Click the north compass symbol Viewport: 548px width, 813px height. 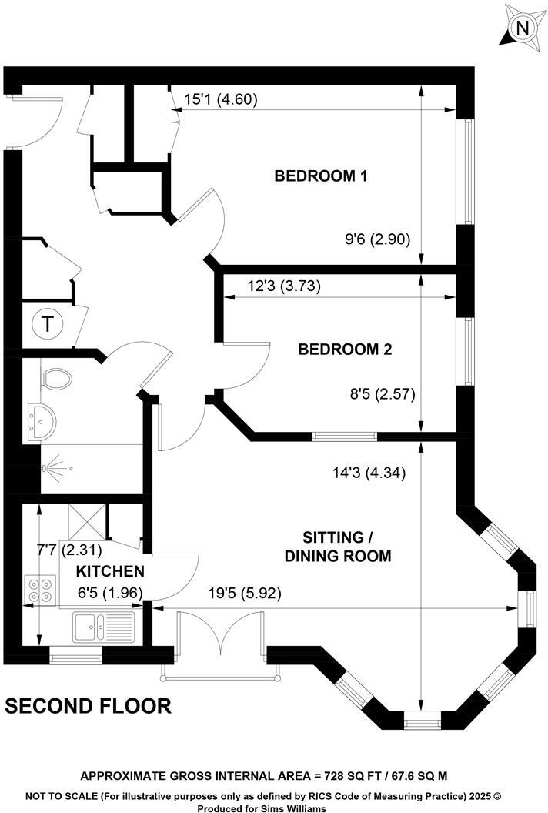[523, 28]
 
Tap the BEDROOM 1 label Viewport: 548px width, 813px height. [320, 176]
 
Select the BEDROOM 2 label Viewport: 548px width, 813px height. [346, 350]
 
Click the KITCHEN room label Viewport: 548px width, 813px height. [110, 571]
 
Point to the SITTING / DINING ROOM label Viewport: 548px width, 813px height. [338, 546]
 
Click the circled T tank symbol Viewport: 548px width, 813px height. [48, 324]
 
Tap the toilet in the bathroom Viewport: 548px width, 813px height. [56, 379]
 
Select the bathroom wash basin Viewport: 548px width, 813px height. [38, 421]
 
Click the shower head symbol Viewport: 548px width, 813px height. [55, 467]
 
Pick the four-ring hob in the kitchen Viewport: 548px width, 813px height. [39, 590]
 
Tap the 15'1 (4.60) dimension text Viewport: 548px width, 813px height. [221, 99]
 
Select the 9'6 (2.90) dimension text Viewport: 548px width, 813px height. [381, 239]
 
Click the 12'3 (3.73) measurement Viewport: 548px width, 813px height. [272, 286]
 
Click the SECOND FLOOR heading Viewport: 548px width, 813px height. [89, 705]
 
